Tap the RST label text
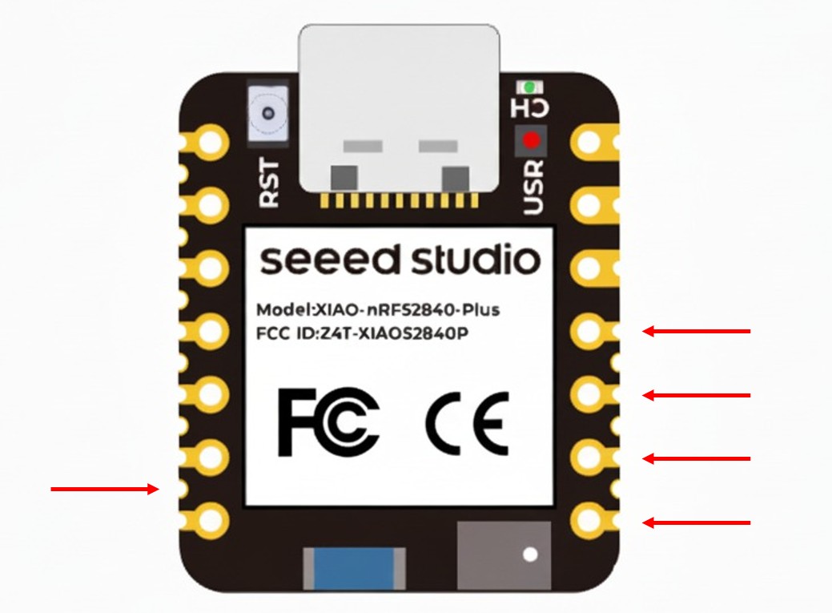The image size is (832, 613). [270, 183]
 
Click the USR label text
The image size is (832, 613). [533, 187]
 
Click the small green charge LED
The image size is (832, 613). [528, 85]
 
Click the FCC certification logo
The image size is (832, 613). [328, 421]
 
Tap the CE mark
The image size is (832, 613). [467, 422]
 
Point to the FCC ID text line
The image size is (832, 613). [362, 333]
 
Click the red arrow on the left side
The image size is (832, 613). [105, 489]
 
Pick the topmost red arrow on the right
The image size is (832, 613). [697, 330]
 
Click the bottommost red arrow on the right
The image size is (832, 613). [697, 523]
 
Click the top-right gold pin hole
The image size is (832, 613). [590, 143]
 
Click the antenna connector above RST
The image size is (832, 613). [269, 117]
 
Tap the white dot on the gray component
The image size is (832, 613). [529, 554]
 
